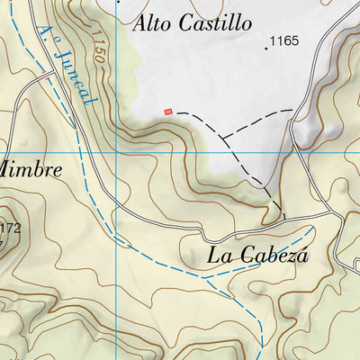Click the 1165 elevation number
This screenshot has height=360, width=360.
[x=285, y=41]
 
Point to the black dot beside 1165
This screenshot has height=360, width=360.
[x=266, y=48]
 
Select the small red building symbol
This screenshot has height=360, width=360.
[x=167, y=112]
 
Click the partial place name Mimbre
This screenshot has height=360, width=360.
[x=31, y=169]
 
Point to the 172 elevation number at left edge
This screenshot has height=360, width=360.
[x=10, y=228]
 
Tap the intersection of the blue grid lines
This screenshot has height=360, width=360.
[x=117, y=153]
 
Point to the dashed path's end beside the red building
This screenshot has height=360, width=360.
[x=175, y=112]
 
